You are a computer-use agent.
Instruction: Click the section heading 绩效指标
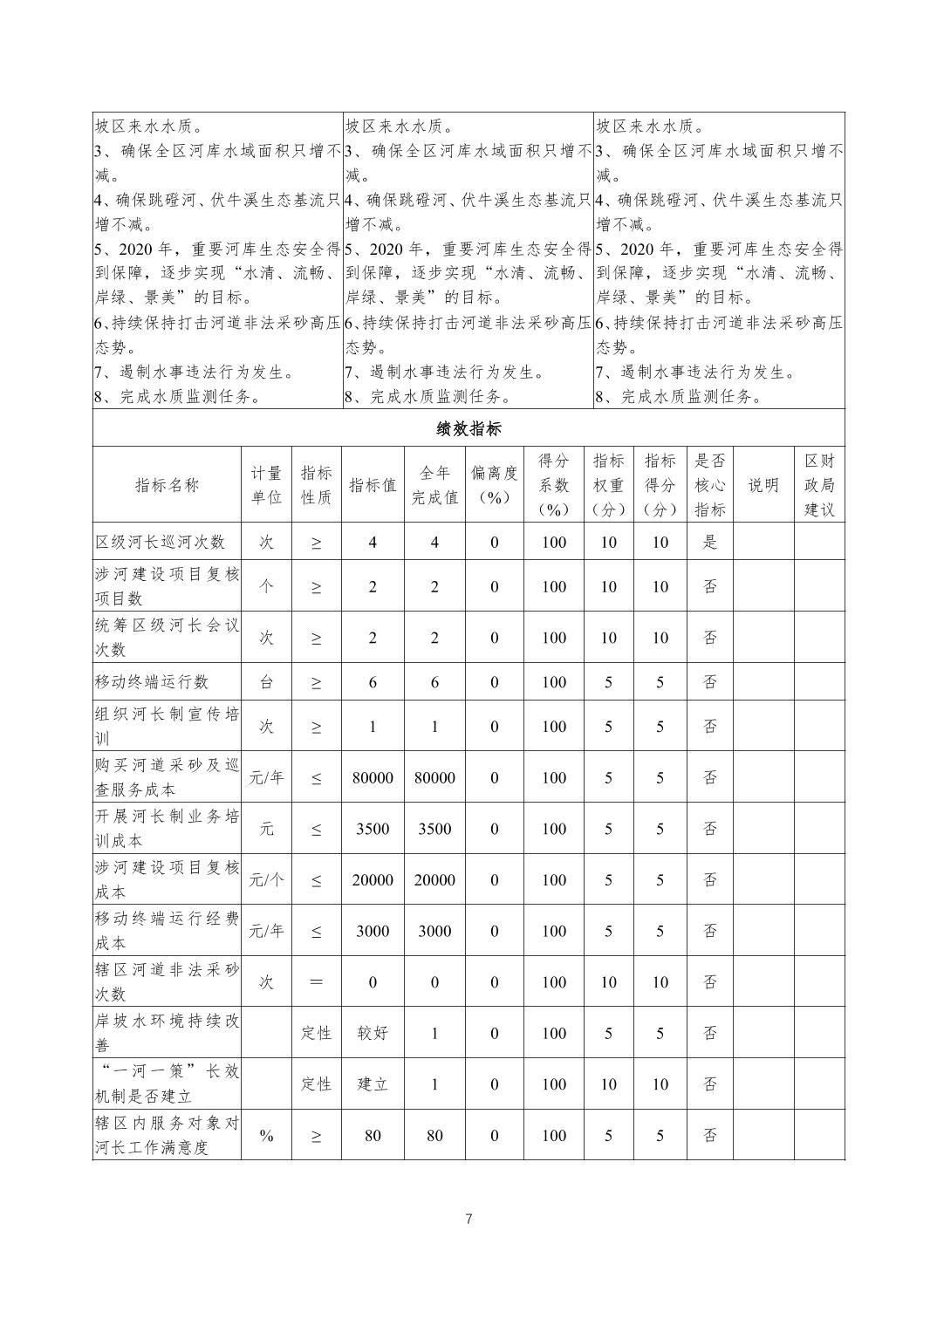coord(468,429)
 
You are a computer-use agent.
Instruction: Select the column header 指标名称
coord(167,485)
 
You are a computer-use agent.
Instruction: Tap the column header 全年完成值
coord(434,485)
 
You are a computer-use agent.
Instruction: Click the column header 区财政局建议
coord(818,485)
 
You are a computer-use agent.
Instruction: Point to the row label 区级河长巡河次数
coord(161,542)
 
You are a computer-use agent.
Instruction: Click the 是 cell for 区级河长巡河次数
coord(710,542)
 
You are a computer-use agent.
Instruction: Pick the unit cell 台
coord(266,682)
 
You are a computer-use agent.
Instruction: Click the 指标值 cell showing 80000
coord(373,777)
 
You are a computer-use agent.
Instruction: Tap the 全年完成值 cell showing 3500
coord(434,829)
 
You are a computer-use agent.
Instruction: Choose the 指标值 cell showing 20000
coord(373,880)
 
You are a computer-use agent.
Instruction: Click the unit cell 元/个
coord(266,880)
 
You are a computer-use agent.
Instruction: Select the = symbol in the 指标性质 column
coord(316,982)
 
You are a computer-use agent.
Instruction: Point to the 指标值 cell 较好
coord(373,1034)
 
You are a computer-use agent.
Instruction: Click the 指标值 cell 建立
coord(373,1084)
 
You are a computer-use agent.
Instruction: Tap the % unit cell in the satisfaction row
coord(266,1136)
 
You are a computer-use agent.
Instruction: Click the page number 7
coord(468,1220)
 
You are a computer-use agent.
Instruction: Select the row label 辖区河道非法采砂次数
coord(167,982)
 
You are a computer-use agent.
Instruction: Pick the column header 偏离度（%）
coord(494,485)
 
